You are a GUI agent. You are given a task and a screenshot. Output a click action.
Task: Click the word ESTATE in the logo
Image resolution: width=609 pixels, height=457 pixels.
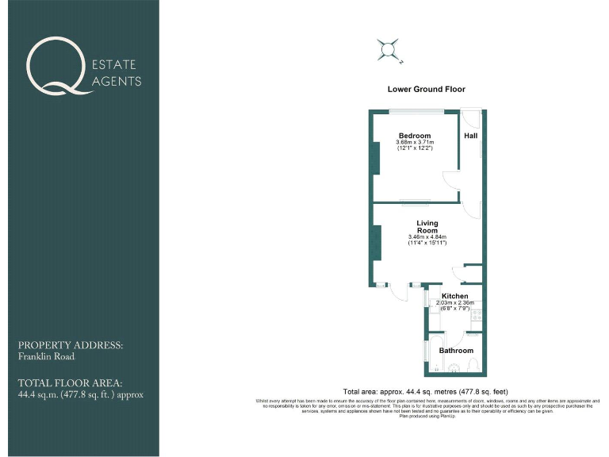[x=116, y=64]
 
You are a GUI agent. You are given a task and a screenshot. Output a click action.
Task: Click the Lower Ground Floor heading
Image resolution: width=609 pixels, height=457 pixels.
[x=426, y=90]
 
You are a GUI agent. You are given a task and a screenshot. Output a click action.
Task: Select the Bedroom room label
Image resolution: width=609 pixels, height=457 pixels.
[x=415, y=136]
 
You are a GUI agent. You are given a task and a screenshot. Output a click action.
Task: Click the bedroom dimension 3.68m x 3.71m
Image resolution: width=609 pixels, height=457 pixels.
[x=415, y=142]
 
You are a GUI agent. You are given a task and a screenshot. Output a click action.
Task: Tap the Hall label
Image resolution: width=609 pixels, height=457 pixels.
[x=471, y=136]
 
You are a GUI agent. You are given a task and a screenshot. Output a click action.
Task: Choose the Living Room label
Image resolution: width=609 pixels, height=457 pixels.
[x=427, y=227]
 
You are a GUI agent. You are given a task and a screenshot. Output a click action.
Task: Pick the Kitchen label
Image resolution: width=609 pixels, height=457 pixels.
[x=454, y=296]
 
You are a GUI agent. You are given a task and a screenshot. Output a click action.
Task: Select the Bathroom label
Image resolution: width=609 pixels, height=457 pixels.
[x=456, y=350]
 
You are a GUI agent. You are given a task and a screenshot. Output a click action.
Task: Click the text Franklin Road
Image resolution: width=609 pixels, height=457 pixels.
[x=40, y=357]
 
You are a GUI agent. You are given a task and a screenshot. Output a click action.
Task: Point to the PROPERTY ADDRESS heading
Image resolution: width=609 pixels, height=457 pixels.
[x=71, y=346]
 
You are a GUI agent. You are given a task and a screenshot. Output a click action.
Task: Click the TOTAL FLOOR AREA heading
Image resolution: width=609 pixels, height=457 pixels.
[x=71, y=382]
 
